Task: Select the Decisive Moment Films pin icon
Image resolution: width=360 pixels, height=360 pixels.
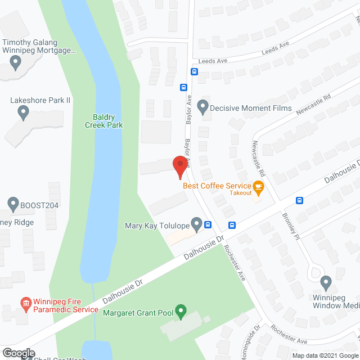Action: click(x=203, y=107)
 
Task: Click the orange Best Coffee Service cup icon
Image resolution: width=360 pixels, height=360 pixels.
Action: click(x=258, y=186)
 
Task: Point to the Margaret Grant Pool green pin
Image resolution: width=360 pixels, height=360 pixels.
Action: click(x=181, y=310)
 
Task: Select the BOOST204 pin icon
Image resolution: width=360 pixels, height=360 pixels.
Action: click(x=13, y=204)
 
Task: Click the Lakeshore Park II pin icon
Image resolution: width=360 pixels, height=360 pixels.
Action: click(x=23, y=112)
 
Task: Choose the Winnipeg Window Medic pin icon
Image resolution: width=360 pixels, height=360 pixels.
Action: click(x=325, y=282)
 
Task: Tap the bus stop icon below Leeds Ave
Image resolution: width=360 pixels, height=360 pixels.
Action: click(x=194, y=71)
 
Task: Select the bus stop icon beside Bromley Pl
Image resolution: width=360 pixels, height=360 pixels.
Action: click(x=300, y=200)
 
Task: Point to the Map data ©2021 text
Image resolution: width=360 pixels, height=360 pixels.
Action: click(x=314, y=355)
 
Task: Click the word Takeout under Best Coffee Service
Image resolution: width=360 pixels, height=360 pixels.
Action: click(x=241, y=193)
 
